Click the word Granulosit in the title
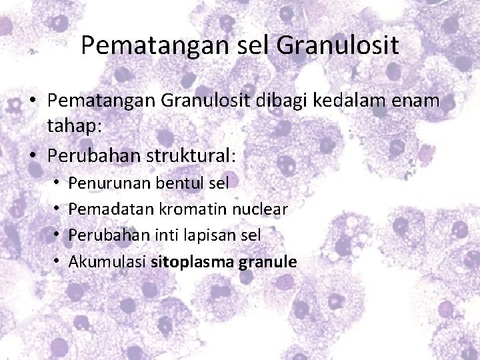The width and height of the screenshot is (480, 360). pos(337,46)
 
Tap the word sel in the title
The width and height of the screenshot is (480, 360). pos(250,46)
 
